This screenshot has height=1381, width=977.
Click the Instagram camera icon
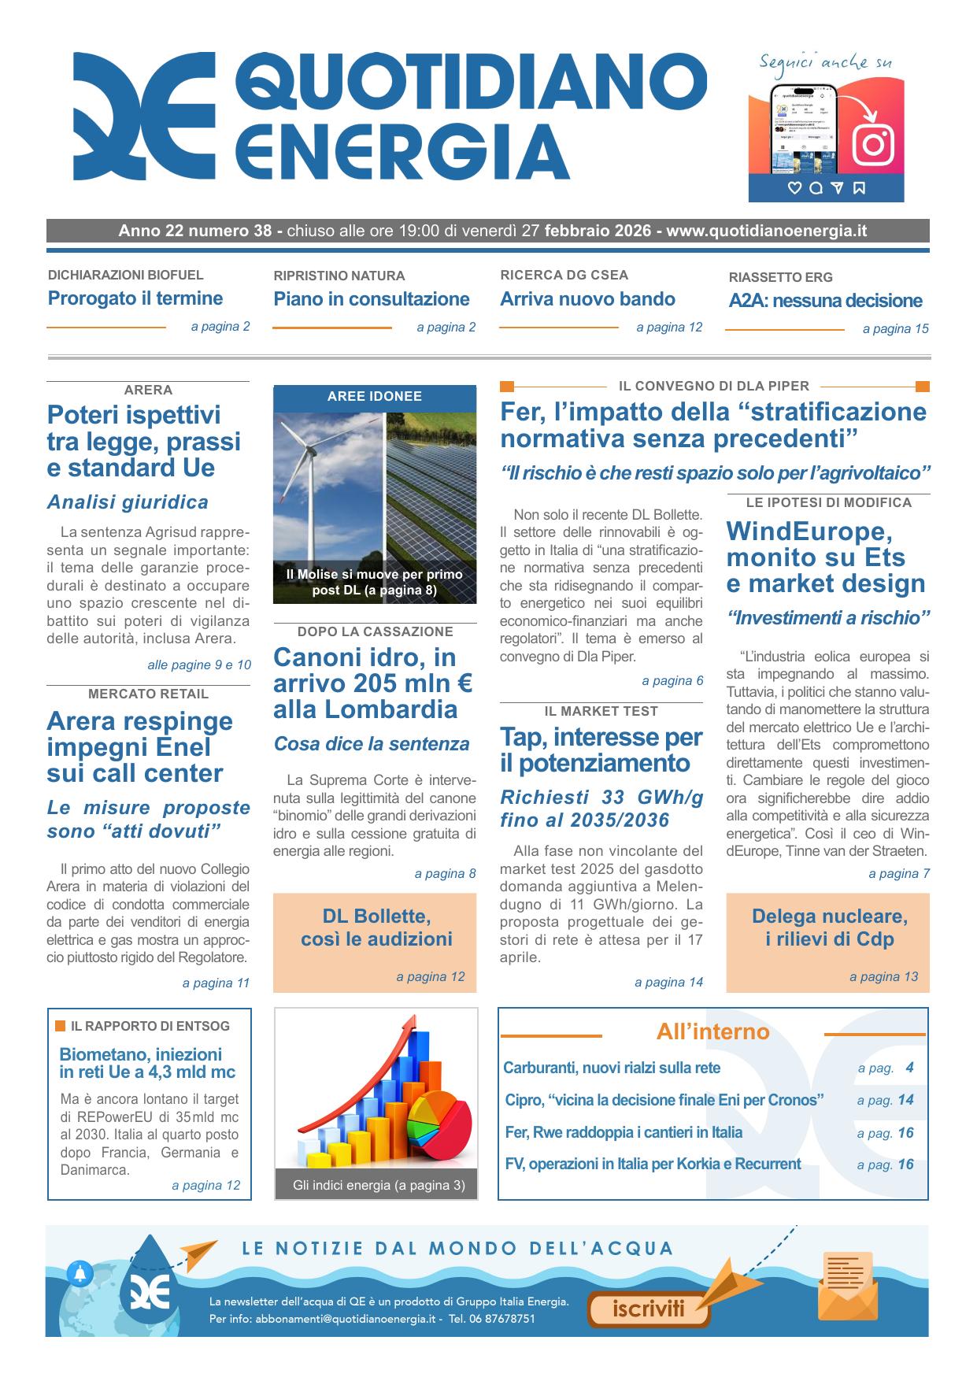click(873, 144)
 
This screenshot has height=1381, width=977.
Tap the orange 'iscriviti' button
click(649, 1309)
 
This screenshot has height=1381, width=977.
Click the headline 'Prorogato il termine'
click(135, 298)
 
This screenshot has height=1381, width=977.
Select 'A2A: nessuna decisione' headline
click(825, 301)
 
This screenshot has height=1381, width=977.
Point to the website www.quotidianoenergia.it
click(766, 231)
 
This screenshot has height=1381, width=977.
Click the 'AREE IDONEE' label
click(375, 397)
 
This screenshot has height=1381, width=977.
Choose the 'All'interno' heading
click(712, 1031)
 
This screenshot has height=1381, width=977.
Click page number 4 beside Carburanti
click(909, 1068)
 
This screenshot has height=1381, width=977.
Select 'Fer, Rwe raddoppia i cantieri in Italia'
click(624, 1132)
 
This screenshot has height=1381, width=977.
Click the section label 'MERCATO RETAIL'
click(148, 694)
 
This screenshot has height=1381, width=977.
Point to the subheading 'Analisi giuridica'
click(128, 502)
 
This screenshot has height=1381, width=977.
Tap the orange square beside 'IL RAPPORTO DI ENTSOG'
click(61, 1026)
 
